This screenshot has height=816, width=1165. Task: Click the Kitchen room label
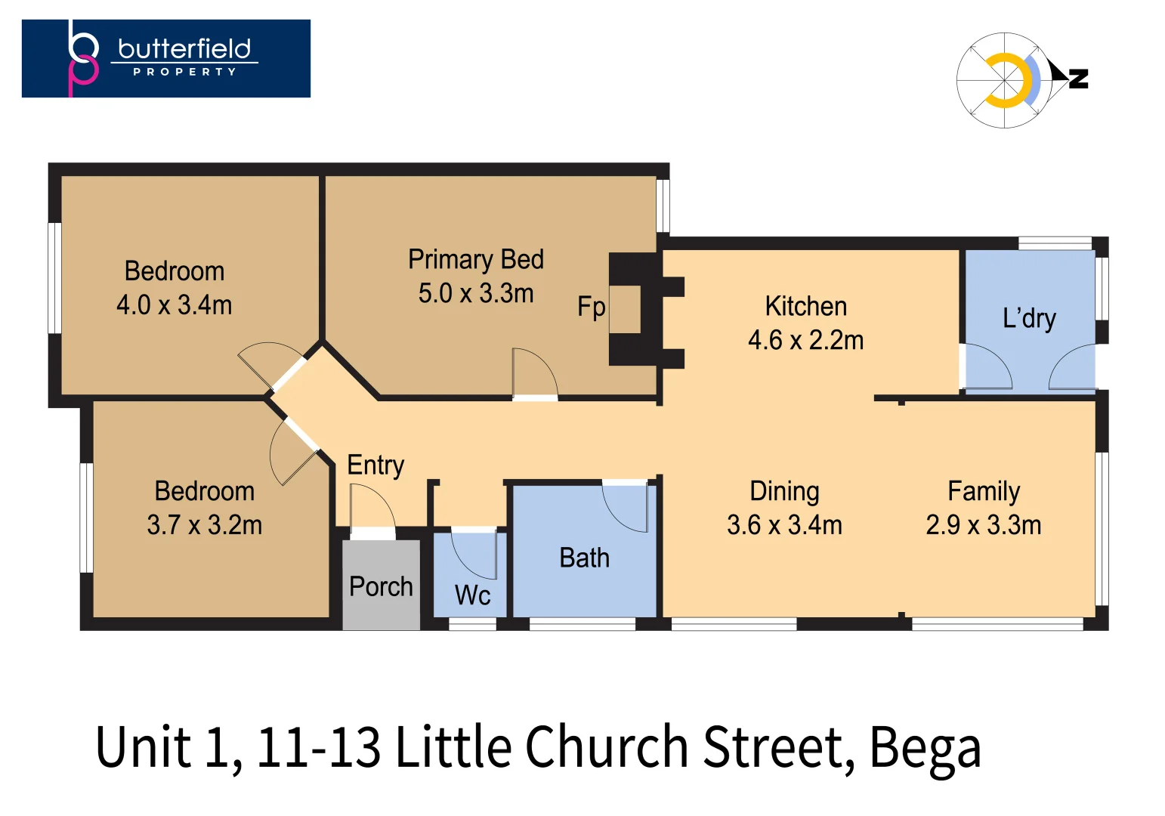pyautogui.click(x=805, y=306)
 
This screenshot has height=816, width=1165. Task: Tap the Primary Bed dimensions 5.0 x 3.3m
pyautogui.click(x=476, y=293)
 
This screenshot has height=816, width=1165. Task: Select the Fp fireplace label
pyautogui.click(x=591, y=307)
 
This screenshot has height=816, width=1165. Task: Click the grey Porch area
pyautogui.click(x=381, y=586)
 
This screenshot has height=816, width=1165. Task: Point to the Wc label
pyautogui.click(x=472, y=595)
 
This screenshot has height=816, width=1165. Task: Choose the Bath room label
pyautogui.click(x=584, y=558)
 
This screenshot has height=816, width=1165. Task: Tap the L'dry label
pyautogui.click(x=1029, y=318)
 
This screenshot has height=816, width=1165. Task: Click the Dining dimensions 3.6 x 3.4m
pyautogui.click(x=784, y=525)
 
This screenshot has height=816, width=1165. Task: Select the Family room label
pyautogui.click(x=984, y=491)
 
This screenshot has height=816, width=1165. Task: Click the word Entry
pyautogui.click(x=375, y=465)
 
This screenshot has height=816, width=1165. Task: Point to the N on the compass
pyautogui.click(x=1079, y=78)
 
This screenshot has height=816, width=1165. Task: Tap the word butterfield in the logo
pyautogui.click(x=184, y=49)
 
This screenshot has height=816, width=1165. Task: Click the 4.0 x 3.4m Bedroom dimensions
pyautogui.click(x=174, y=305)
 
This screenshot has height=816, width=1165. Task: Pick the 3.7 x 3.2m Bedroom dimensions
pyautogui.click(x=204, y=525)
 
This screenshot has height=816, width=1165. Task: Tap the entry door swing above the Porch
pyautogui.click(x=372, y=505)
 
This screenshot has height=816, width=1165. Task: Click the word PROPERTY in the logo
pyautogui.click(x=184, y=72)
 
